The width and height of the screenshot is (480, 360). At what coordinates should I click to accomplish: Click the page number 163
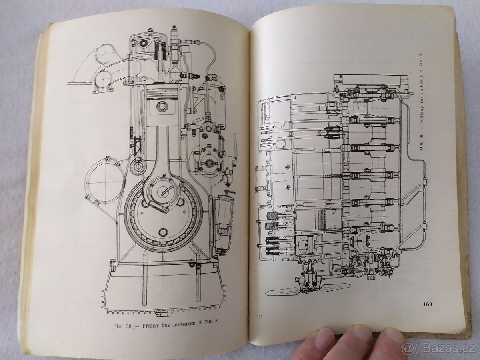tap(427, 304)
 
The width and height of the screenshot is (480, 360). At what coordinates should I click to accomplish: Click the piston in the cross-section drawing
tap(162, 104)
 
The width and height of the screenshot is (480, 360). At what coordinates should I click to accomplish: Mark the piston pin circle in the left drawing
tap(162, 106)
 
